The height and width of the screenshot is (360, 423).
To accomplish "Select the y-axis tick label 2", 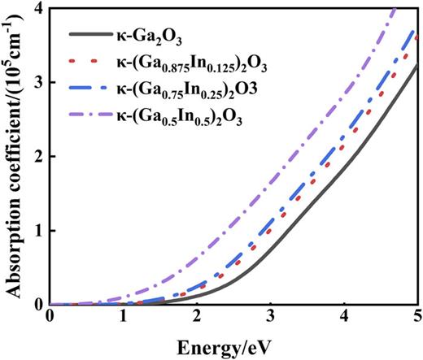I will (37, 157).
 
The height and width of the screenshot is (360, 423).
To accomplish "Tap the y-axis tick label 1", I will (37, 231).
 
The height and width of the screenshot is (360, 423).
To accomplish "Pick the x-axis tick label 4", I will (344, 317).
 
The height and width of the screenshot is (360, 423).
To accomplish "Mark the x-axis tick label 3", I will (270, 317).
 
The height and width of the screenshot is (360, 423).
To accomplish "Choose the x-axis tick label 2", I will (197, 317).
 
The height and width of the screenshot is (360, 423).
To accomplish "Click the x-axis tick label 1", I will (123, 317).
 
